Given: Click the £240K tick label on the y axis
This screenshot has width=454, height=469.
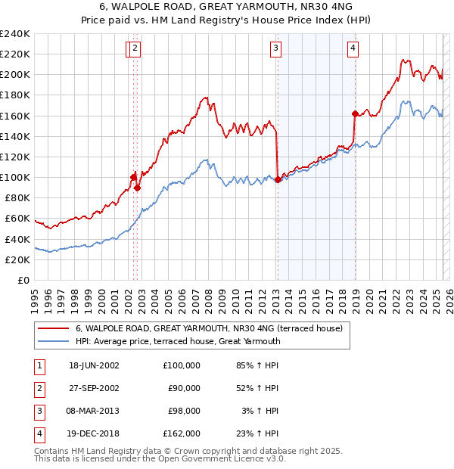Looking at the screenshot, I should [14, 34].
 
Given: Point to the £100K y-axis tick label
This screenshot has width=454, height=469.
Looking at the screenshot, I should [14, 177].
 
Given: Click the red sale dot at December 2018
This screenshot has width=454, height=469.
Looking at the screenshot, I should [355, 113].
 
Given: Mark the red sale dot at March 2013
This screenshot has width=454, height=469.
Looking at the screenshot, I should [278, 179].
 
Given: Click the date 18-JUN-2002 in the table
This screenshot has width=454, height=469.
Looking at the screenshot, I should [93, 365].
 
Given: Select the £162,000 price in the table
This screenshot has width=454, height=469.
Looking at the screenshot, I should [182, 433].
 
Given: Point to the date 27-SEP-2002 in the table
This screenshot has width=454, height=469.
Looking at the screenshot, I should [93, 388].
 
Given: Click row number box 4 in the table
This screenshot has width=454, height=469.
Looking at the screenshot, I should [38, 433].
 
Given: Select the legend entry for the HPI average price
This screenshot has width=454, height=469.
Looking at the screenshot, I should [178, 341].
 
